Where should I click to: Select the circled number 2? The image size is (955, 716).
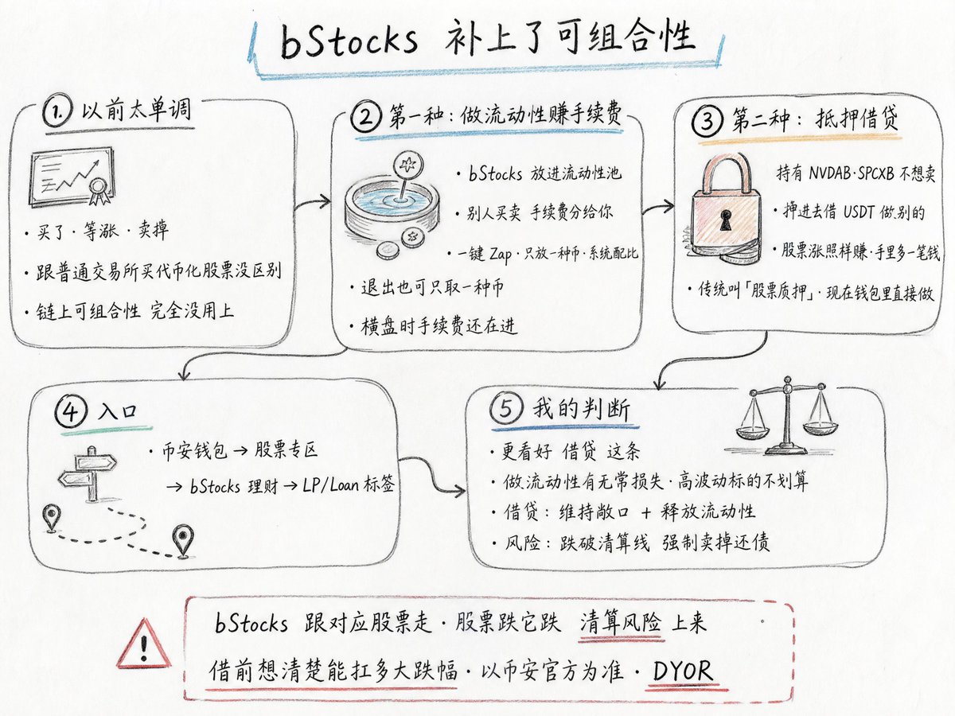(366, 116)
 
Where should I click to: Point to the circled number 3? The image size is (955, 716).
(707, 120)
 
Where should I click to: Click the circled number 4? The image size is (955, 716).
(71, 411)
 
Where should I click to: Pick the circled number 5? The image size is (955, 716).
(505, 409)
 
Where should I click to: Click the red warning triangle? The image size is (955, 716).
(143, 644)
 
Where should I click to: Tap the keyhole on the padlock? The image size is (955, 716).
(726, 220)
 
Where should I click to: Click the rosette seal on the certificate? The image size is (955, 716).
(98, 190)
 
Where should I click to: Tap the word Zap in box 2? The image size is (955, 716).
(501, 254)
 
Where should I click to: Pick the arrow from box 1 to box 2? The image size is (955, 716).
(313, 202)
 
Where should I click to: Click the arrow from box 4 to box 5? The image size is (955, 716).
(431, 474)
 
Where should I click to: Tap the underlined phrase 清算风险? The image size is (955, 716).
(621, 622)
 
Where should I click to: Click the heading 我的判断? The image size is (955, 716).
(581, 409)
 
